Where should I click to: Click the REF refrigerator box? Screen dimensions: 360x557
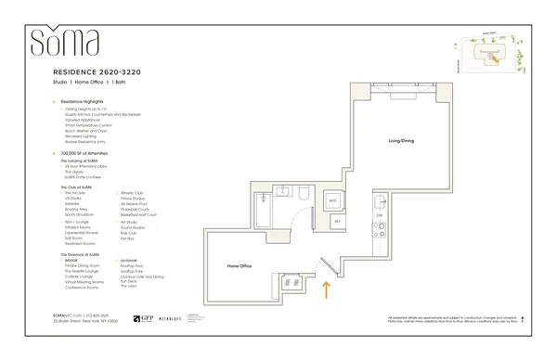337,222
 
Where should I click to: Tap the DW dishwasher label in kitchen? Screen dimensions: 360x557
379,215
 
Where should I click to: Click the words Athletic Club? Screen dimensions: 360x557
134,193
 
